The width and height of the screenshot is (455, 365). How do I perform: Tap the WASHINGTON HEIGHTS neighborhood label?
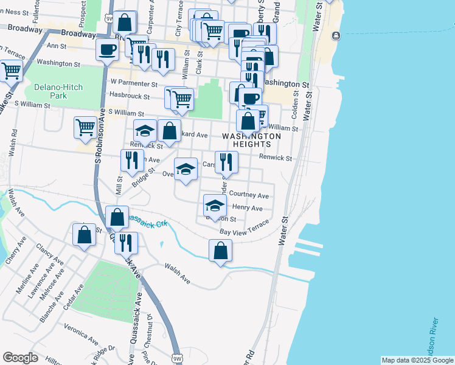pyautogui.click(x=251, y=140)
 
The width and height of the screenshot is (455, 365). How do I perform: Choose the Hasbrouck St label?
pyautogui.click(x=129, y=96)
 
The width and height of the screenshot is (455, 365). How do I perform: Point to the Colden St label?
pyautogui.click(x=296, y=104)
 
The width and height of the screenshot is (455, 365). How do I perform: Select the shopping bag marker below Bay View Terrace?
pyautogui.click(x=220, y=250)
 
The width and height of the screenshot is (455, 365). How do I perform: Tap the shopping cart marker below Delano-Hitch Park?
pyautogui.click(x=86, y=128)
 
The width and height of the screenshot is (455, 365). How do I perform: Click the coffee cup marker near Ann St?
pyautogui.click(x=107, y=50)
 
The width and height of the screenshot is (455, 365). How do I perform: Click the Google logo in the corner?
pyautogui.click(x=20, y=358)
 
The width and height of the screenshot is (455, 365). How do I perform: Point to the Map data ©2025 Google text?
pyautogui.click(x=417, y=360)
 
